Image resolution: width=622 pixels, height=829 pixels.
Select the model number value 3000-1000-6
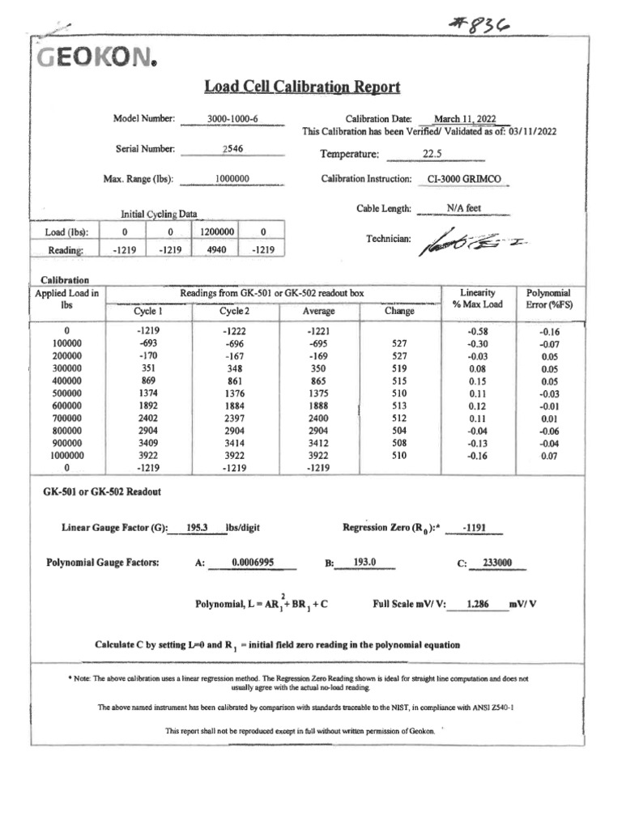(x=232, y=119)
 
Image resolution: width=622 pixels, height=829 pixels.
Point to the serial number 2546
(x=232, y=149)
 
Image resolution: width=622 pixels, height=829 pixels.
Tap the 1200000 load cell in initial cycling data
(x=213, y=232)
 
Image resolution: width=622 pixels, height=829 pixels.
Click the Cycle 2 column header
(x=235, y=311)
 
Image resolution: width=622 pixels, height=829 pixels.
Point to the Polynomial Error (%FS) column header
(x=548, y=298)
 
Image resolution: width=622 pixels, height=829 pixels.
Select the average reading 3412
(x=319, y=444)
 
